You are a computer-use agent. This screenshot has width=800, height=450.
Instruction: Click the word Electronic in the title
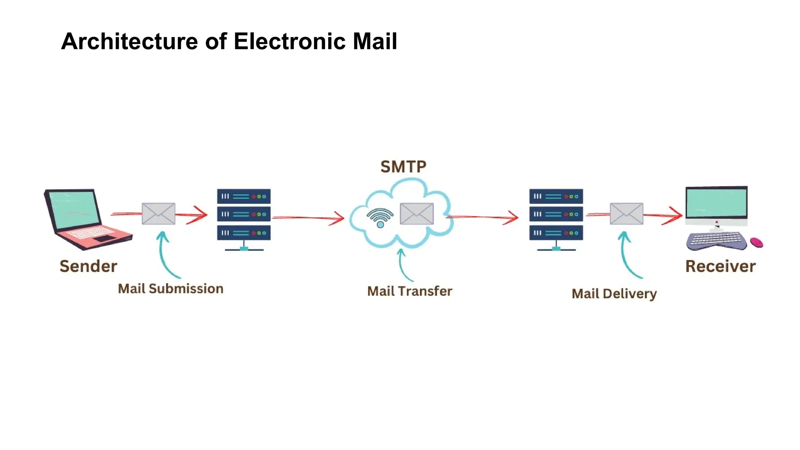click(289, 41)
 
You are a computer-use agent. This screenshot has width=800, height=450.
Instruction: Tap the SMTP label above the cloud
click(403, 167)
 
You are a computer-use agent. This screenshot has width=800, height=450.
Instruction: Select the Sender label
click(88, 266)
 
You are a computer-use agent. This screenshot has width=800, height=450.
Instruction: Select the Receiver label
click(720, 266)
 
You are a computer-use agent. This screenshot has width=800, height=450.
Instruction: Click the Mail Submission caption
click(171, 289)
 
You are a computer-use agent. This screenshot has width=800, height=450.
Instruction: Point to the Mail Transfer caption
click(409, 291)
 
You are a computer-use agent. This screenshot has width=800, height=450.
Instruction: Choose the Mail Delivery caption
click(614, 294)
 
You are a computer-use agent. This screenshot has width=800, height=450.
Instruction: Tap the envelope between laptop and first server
click(158, 214)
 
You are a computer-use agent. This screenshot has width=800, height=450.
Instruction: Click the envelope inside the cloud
click(416, 214)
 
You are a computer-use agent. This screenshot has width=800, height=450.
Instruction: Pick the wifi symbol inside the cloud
click(380, 218)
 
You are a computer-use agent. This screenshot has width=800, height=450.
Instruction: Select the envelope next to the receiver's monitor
click(626, 214)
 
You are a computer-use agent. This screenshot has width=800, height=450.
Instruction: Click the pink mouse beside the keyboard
click(757, 243)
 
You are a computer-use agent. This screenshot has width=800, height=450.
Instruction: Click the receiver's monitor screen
click(716, 202)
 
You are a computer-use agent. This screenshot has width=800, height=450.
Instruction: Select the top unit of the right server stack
click(556, 196)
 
